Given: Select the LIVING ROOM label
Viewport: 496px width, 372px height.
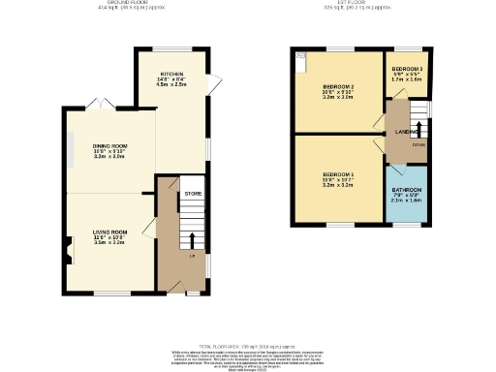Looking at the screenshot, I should coord(110,232).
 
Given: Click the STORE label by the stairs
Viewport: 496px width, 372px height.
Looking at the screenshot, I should coord(193,194).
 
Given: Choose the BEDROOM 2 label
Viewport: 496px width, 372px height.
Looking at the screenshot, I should coord(338,85).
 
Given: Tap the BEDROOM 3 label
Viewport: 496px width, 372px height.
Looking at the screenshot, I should coord(406,70).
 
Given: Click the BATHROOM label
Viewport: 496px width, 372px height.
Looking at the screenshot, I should coord(406,190).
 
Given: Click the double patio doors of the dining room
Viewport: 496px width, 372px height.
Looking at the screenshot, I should coord(95,104).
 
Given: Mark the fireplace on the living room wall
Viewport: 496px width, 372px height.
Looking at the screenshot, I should coord(69,255).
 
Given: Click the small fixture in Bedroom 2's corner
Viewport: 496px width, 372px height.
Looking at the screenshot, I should coord(301,57).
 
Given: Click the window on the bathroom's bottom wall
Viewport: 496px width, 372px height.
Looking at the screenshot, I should coord(406,223).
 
